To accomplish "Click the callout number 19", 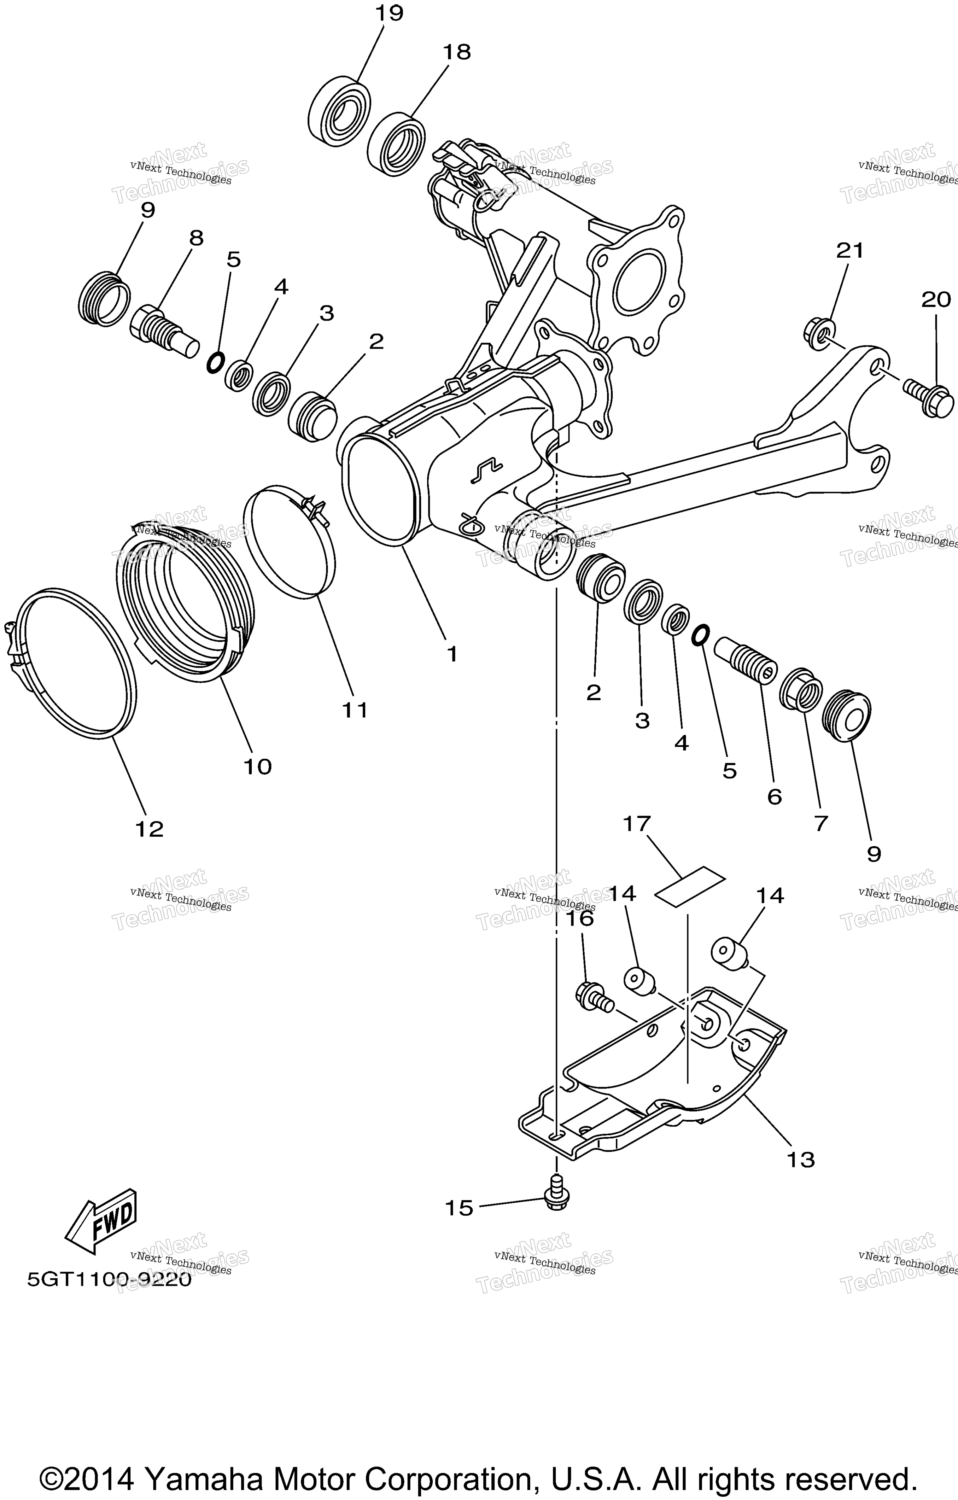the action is tap(389, 13).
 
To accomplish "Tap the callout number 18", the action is tap(457, 52).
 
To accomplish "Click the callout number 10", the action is tap(257, 766).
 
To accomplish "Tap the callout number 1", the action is tap(452, 653).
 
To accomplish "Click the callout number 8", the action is tap(196, 238).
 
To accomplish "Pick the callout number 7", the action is tap(821, 823).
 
